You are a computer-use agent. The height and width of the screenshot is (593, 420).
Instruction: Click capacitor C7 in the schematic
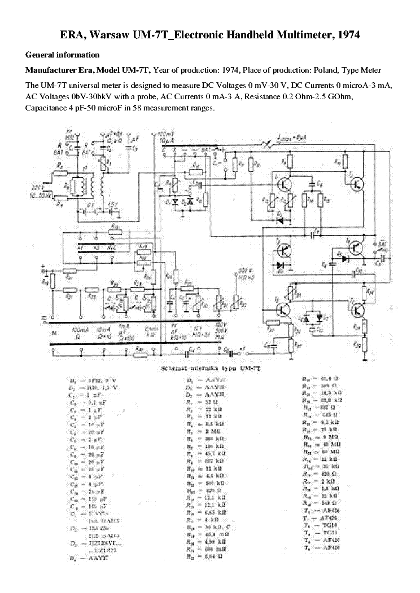(316, 232)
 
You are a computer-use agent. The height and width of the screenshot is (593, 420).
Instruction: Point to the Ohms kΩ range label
(150, 331)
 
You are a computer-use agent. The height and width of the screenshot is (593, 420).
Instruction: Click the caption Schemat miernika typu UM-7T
(209, 368)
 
